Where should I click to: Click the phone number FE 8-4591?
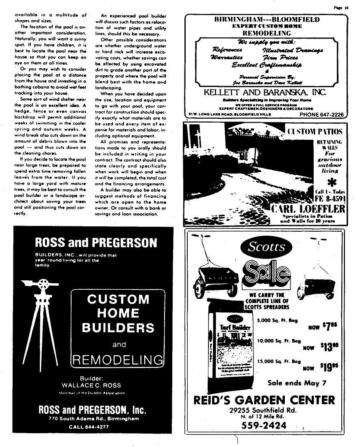point(330,200)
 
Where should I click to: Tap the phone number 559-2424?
point(264,425)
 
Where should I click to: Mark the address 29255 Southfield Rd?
point(264,410)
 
